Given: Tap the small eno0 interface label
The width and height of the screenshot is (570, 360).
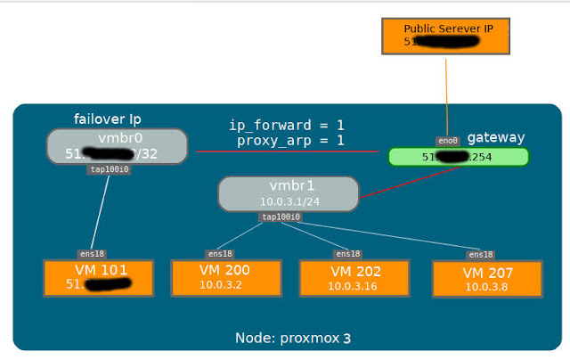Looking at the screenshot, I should click(x=447, y=140).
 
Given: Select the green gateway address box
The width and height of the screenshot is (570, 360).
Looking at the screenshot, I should click(x=458, y=157).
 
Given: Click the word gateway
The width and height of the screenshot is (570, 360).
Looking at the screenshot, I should click(x=496, y=137).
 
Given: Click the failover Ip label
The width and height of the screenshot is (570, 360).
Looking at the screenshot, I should click(x=108, y=119).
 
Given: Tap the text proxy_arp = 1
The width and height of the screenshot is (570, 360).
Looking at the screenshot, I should click(x=290, y=141).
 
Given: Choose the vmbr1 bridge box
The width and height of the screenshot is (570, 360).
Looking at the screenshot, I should click(x=288, y=193).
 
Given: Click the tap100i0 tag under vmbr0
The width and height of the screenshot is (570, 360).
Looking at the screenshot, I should click(x=110, y=169).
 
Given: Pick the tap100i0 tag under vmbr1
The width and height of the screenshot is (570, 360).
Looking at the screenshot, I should click(x=281, y=217).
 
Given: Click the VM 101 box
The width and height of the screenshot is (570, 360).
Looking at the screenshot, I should click(x=99, y=277).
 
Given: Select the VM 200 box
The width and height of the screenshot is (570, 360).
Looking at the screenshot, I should click(x=226, y=277).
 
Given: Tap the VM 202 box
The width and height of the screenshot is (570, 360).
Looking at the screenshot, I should click(x=354, y=277).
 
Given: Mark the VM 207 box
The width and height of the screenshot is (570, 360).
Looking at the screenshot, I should click(x=486, y=278).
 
